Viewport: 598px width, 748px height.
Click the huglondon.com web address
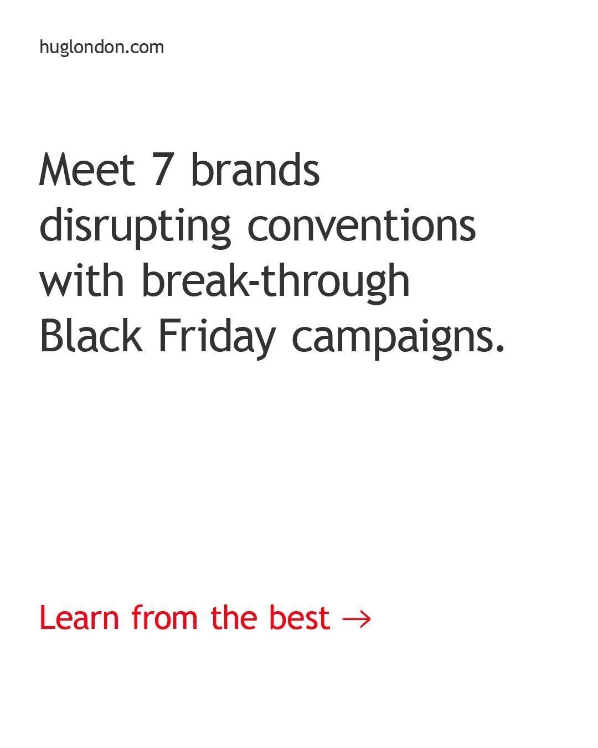[101, 47]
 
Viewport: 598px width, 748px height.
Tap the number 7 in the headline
[162, 170]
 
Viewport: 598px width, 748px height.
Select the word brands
[255, 170]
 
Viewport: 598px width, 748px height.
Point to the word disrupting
[135, 227]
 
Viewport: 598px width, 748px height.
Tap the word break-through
[276, 281]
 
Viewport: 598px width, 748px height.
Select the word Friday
[216, 337]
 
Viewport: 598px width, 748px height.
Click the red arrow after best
[357, 619]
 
